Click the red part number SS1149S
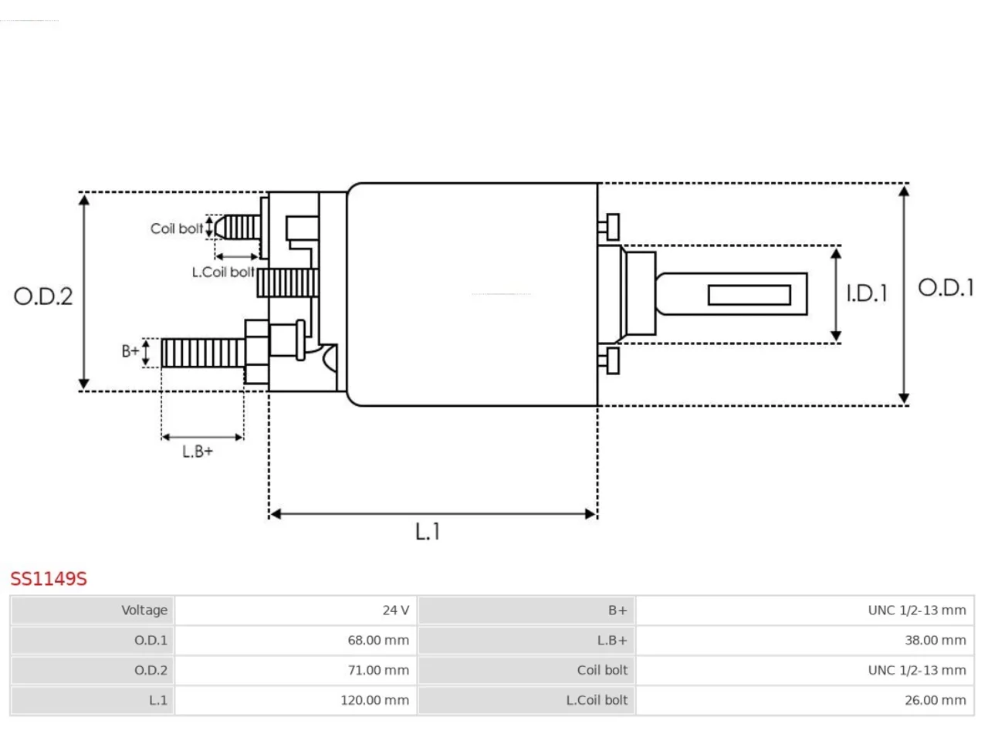[x=49, y=579]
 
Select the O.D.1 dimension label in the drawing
[x=946, y=287]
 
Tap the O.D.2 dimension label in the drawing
[x=43, y=296]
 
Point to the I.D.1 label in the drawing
[x=867, y=293]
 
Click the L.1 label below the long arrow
[x=427, y=531]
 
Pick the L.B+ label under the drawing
[x=197, y=452]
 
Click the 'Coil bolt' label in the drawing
[x=177, y=228]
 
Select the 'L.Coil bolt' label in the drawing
[x=223, y=272]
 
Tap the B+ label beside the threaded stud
[x=130, y=351]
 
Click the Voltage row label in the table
[x=144, y=610]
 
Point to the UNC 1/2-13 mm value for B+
[x=917, y=610]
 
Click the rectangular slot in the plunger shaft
[x=749, y=295]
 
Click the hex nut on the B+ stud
[x=256, y=352]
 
